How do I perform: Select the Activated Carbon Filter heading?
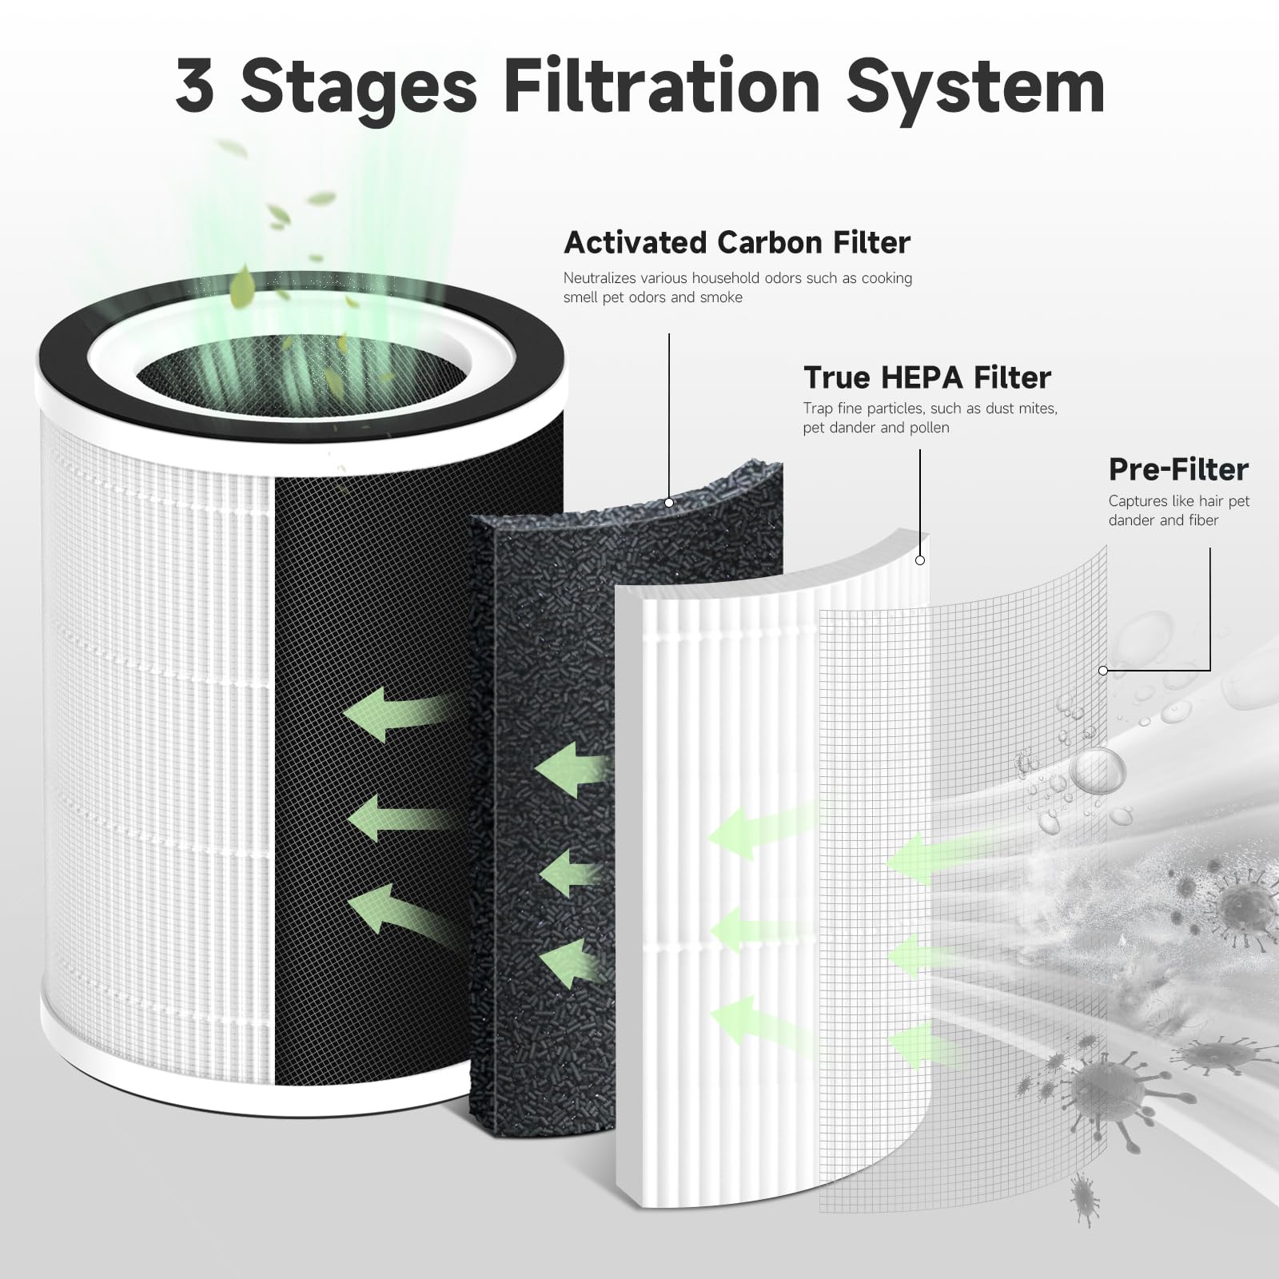pyautogui.click(x=736, y=242)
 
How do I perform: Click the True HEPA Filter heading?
pyautogui.click(x=926, y=377)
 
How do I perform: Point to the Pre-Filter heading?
pyautogui.click(x=1177, y=470)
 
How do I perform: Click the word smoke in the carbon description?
pyautogui.click(x=721, y=297)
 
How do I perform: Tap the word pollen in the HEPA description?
pyautogui.click(x=929, y=428)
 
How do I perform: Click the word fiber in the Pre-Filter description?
pyautogui.click(x=1203, y=520)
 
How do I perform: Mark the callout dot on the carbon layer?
pyautogui.click(x=669, y=503)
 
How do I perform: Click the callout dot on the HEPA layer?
pyautogui.click(x=920, y=560)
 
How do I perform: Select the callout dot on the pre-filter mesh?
pyautogui.click(x=1103, y=671)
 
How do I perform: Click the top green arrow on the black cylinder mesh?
pyautogui.click(x=392, y=711)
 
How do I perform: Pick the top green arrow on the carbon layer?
pyautogui.click(x=569, y=769)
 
